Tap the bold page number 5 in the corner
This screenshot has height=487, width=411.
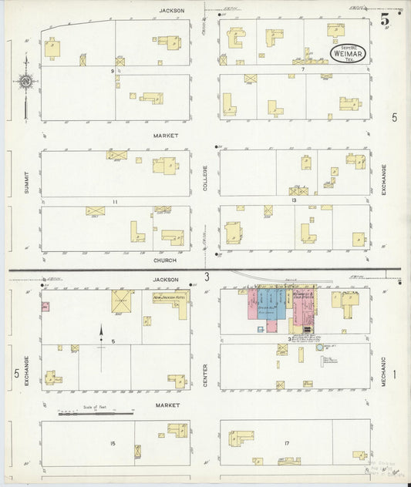384,20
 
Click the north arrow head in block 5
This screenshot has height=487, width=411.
100,329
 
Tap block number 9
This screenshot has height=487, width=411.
112,72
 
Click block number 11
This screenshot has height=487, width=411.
114,202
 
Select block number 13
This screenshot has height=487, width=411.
294,200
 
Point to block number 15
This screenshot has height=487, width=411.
113,443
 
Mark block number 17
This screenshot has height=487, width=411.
286,443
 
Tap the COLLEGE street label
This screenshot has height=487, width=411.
205,178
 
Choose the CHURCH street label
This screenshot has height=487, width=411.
165,260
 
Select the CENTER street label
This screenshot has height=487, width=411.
205,375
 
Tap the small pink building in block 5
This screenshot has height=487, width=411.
45,306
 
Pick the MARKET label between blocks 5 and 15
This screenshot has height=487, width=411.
167,405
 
